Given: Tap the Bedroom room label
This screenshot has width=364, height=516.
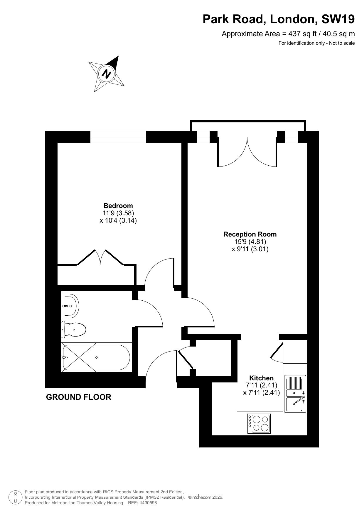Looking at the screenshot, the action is point(118,206).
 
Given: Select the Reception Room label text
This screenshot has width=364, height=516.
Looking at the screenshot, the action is point(250,234).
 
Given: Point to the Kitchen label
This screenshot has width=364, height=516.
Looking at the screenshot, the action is point(261,378).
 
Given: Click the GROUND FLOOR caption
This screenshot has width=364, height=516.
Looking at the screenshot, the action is point(79,397).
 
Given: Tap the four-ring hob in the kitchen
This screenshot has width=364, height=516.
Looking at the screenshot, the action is point(259,423).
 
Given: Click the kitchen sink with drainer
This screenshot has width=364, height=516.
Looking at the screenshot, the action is point(295,394).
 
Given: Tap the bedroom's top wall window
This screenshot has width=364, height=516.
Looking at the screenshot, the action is point(118,137).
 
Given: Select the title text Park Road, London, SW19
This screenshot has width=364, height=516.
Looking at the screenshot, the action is point(279,19).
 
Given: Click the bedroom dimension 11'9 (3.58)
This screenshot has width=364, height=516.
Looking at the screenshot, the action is point(118,213).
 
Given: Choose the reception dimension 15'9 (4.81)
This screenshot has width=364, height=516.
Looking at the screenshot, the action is point(250,242).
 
